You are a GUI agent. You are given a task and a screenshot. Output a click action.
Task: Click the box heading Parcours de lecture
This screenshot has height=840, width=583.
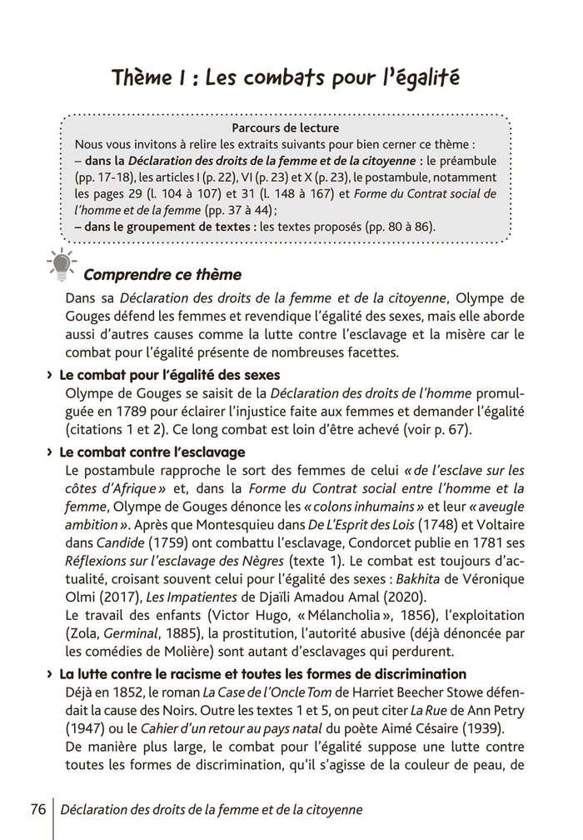pos(286,128)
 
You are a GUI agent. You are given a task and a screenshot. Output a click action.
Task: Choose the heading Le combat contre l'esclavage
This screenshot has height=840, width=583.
pos(152,452)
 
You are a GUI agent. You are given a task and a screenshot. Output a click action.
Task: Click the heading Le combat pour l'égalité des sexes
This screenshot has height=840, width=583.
pos(171,374)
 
